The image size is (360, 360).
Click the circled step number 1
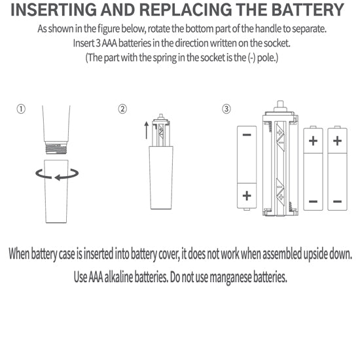click(x=21, y=109)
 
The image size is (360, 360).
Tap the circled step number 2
click(x=122, y=109)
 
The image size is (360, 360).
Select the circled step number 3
click(x=226, y=109)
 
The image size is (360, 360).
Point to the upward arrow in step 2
click(x=146, y=130)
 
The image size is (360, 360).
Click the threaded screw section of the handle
click(x=56, y=148)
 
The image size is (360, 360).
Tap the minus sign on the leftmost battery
click(x=247, y=135)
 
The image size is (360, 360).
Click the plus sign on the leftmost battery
click(x=247, y=196)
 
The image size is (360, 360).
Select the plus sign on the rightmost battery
click(x=337, y=141)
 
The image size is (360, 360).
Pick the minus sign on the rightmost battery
click(x=337, y=202)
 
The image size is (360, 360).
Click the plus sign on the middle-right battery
click(x=313, y=141)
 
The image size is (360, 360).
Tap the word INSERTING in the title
click(x=54, y=10)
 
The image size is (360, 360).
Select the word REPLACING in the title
click(x=186, y=10)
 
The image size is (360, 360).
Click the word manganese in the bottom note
click(x=230, y=278)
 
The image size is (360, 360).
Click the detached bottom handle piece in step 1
click(x=56, y=191)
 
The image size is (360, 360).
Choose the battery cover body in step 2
click(x=161, y=177)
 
